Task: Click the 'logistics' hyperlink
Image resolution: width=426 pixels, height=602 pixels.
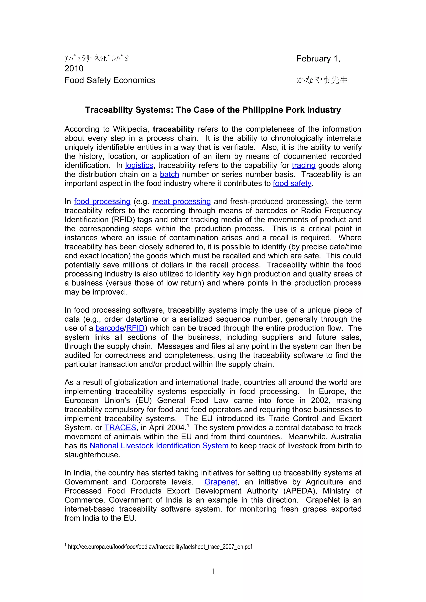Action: tap(139, 165)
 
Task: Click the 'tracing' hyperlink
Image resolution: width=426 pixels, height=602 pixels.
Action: tap(303, 165)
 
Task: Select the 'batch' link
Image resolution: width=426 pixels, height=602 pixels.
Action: tap(169, 174)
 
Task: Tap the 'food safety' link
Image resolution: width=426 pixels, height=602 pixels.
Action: tap(292, 184)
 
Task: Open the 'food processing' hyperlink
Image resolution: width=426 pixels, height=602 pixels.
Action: tap(102, 202)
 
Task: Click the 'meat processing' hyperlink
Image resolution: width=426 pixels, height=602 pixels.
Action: tap(181, 202)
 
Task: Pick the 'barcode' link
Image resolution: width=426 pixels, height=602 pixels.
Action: tap(110, 328)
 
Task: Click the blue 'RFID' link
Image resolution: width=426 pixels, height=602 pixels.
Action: tap(135, 328)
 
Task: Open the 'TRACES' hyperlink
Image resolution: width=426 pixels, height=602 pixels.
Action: tap(120, 428)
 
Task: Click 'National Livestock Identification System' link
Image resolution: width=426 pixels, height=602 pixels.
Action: tap(159, 446)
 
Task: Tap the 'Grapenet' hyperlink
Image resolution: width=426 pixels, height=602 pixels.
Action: tap(221, 482)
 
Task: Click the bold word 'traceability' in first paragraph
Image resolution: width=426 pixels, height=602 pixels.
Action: tap(173, 129)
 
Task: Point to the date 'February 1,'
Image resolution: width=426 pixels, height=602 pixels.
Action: tap(318, 59)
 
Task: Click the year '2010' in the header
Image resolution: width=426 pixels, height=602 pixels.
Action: tap(74, 68)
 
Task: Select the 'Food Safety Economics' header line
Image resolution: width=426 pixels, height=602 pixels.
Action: tap(110, 80)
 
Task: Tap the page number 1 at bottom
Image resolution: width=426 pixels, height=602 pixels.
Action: tap(213, 572)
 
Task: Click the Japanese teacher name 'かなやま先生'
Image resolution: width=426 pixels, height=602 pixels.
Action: tap(322, 80)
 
